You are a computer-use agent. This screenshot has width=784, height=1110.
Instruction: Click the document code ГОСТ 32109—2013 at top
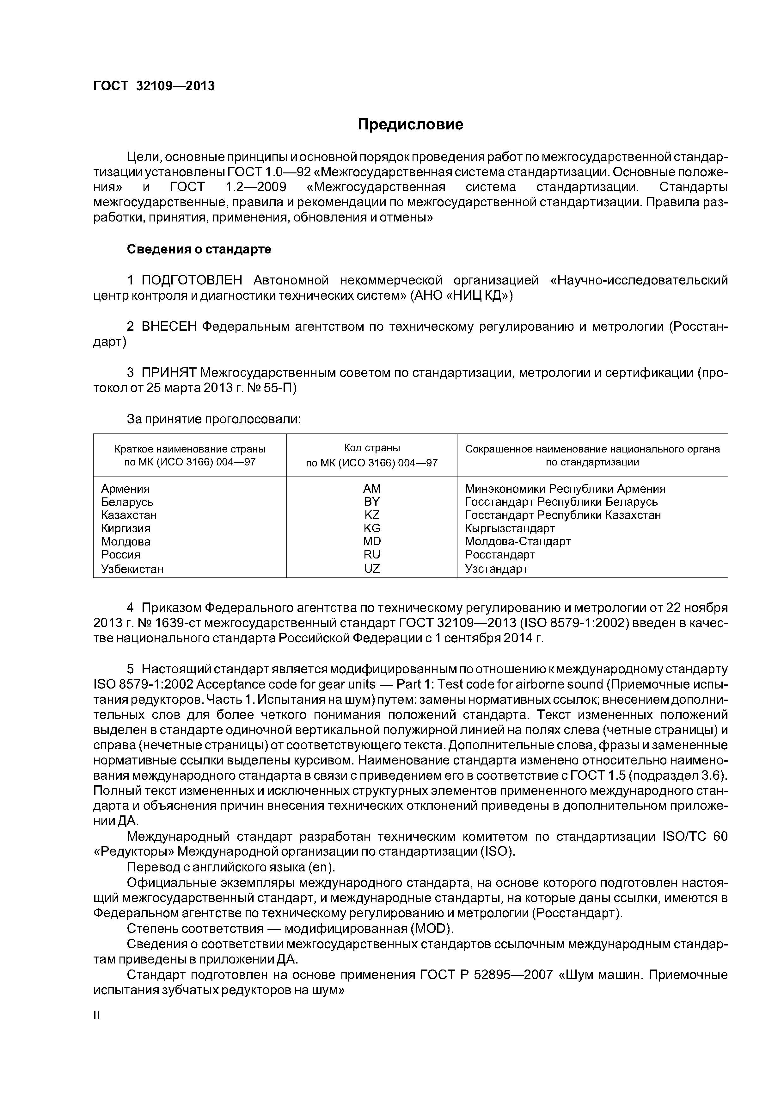pyautogui.click(x=154, y=86)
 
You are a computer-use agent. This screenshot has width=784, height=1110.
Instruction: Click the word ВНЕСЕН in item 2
pyautogui.click(x=169, y=327)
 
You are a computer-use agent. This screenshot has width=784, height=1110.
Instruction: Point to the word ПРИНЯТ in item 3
pyautogui.click(x=168, y=373)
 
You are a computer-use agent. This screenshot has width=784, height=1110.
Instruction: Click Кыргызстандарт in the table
pyautogui.click(x=510, y=528)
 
